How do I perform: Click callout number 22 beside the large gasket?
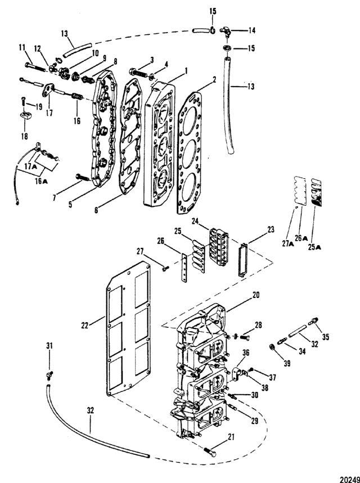click(x=85, y=325)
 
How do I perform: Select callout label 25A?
click(x=314, y=246)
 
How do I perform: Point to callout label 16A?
click(x=41, y=182)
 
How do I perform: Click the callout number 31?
click(x=49, y=346)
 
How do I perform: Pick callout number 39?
click(x=287, y=363)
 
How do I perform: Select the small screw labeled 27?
click(x=164, y=269)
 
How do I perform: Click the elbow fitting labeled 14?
click(x=226, y=31)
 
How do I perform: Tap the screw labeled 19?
click(x=24, y=101)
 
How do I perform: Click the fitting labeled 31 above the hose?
click(x=49, y=374)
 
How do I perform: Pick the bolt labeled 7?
click(x=82, y=178)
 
